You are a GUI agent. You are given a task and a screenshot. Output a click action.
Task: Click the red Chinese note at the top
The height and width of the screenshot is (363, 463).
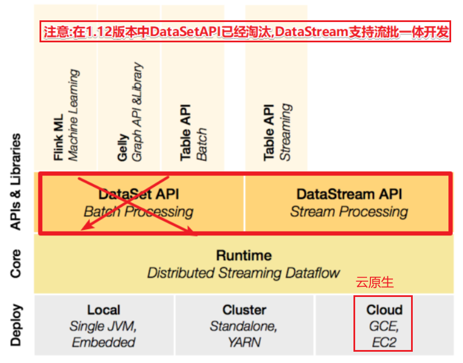coord(245,32)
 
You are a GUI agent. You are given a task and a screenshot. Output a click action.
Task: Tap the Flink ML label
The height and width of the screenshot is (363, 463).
coord(59,131)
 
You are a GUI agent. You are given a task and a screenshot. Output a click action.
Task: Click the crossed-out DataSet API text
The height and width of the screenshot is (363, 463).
coord(139,194)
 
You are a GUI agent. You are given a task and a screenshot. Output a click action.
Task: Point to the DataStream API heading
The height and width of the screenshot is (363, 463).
coord(349,194)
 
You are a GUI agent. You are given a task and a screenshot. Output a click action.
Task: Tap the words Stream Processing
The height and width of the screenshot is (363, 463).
coord(349,212)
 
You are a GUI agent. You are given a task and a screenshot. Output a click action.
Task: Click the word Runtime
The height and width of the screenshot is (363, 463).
coord(243,255)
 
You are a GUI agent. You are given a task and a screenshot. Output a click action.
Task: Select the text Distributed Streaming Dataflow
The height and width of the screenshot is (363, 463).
coord(243,273)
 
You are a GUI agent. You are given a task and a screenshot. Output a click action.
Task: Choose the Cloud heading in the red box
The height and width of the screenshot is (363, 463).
coord(384,310)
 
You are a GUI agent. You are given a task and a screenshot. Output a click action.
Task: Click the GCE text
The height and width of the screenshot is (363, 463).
coord(384,326)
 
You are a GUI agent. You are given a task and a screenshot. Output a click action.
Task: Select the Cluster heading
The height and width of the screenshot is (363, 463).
coord(244,310)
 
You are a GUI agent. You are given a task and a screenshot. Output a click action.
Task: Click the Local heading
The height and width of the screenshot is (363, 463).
coord(103,310)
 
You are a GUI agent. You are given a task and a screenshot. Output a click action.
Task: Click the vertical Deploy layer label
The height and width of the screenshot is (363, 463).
coord(16,325)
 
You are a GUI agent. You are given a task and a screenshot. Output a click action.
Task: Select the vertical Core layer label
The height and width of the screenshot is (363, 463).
coord(16,264)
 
